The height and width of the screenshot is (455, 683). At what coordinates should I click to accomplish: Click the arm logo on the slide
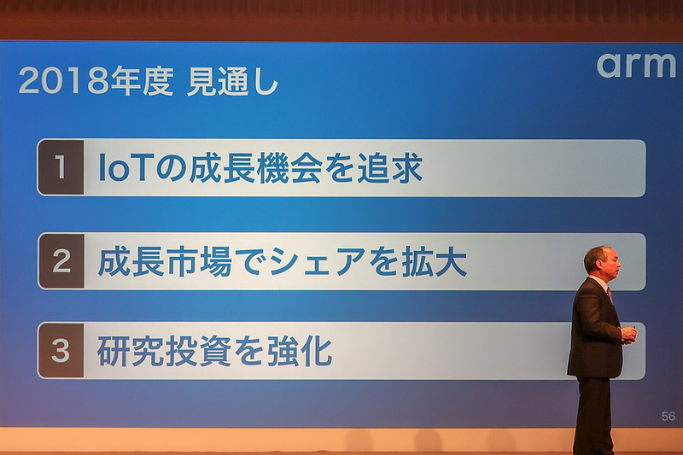(635, 66)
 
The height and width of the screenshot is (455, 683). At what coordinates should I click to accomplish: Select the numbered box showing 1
(61, 167)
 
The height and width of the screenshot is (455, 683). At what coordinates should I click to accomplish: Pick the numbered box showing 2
(61, 261)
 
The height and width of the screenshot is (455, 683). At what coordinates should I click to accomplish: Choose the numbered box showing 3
(61, 351)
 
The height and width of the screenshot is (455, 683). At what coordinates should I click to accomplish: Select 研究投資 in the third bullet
(163, 352)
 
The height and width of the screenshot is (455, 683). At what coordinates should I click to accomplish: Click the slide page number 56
(668, 417)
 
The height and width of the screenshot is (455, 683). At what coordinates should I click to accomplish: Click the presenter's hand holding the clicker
(628, 334)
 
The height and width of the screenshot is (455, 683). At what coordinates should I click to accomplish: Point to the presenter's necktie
(610, 294)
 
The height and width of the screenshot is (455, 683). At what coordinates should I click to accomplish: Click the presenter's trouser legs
(593, 416)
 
